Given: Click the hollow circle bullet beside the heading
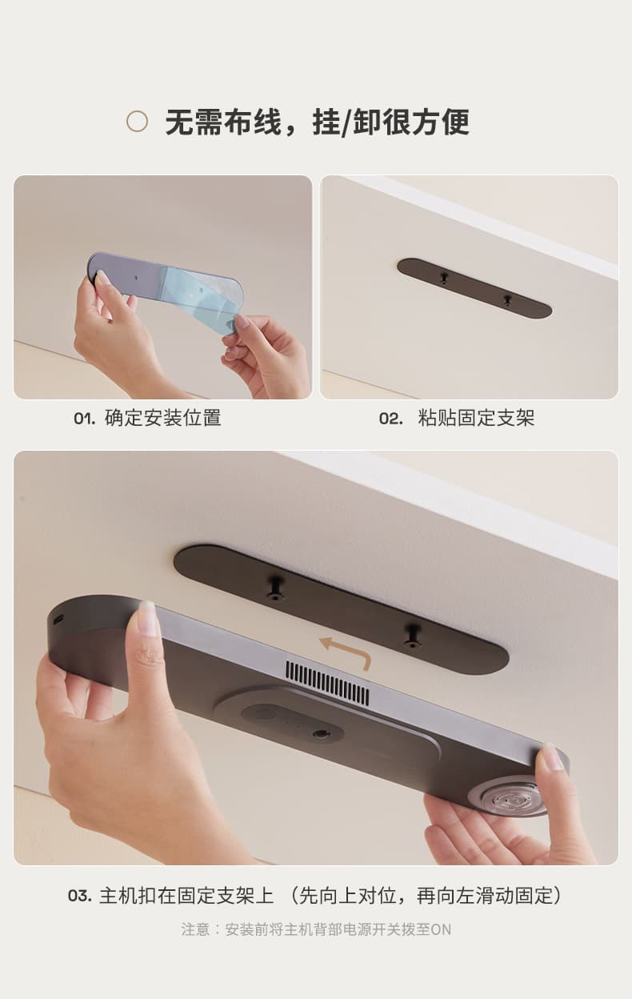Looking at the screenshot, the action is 138,121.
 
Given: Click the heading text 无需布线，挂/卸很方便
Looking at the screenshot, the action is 318,122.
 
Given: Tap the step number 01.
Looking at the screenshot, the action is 85,419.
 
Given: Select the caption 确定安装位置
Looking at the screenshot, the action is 162,418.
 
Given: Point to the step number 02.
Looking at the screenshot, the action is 391,419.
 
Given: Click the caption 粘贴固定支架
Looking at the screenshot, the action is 476,418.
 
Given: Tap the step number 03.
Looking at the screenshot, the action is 80,896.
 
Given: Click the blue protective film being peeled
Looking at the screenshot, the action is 201,296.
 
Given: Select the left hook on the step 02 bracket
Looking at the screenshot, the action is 443,279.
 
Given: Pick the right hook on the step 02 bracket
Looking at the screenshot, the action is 506,301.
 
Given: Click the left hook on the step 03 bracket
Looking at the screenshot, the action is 275,588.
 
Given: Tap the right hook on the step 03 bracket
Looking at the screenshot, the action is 412,636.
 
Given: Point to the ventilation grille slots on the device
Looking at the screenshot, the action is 327,684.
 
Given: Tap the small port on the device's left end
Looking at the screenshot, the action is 58,620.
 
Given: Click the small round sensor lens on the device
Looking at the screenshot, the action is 319,733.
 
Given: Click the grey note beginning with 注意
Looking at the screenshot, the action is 316,929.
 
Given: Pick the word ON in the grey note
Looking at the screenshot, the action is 441,930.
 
